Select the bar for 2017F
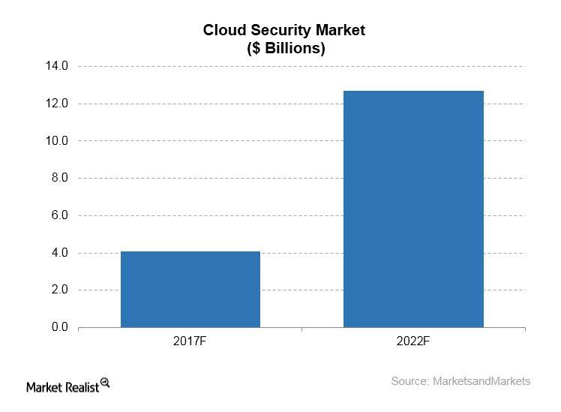pyautogui.click(x=190, y=289)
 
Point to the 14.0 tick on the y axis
pyautogui.click(x=57, y=66)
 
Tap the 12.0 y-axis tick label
pyautogui.click(x=57, y=104)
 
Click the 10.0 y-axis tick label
pyautogui.click(x=57, y=141)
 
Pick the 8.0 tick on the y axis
pyautogui.click(x=60, y=178)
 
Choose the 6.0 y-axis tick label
pyautogui.click(x=60, y=215)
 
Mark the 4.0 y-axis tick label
pyautogui.click(x=60, y=253)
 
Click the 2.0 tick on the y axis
pyautogui.click(x=60, y=290)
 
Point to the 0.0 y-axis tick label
pyautogui.click(x=60, y=327)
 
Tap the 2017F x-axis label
pyautogui.click(x=190, y=342)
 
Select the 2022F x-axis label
pyautogui.click(x=413, y=342)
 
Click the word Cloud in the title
pyautogui.click(x=221, y=31)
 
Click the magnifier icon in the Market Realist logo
pyautogui.click(x=105, y=383)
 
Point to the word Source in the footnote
pyautogui.click(x=409, y=381)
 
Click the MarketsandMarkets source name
pyautogui.click(x=481, y=381)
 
